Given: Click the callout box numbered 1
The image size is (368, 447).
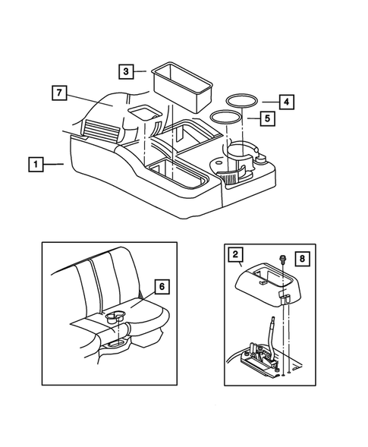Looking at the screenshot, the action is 36,164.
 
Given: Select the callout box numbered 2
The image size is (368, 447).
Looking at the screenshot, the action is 235,254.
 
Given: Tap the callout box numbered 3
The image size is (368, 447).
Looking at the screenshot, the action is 126,71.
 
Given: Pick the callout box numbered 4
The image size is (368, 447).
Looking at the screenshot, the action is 287,102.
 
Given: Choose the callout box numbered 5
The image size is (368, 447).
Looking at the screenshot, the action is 267,118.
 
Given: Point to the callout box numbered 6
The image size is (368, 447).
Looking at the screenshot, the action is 162,286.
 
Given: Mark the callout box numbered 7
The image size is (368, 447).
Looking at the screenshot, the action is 59,93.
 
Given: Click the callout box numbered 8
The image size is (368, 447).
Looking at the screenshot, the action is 302,259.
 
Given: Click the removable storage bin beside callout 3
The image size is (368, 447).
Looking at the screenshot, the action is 183,87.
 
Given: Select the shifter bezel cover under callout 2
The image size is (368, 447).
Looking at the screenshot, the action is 269,288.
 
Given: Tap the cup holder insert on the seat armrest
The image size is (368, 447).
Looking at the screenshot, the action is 115,316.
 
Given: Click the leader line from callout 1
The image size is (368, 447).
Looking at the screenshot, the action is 53,164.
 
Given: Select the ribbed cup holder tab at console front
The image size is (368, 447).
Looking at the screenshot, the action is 230,176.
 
